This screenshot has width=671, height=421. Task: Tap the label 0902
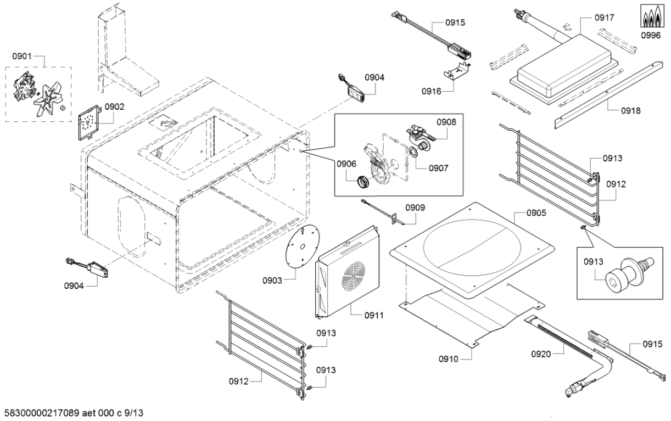click(x=115, y=106)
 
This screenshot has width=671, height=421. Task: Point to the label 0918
click(x=631, y=110)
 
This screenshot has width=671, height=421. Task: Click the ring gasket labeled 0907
click(x=411, y=154)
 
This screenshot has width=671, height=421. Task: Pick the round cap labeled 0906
click(x=362, y=180)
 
